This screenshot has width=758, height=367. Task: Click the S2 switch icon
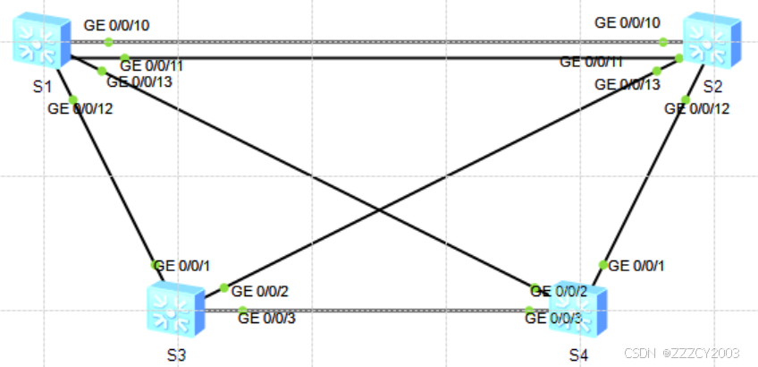pos(712,43)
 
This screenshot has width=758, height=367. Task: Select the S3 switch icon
pos(174,310)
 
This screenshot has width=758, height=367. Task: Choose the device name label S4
pos(578,354)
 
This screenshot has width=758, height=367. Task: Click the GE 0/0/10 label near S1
pos(116,24)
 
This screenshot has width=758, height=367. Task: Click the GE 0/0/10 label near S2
pos(627,22)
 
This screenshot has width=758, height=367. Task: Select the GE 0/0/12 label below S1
pos(80,109)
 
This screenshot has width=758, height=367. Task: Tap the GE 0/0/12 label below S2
pos(697,109)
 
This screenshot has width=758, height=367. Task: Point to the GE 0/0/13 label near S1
pos(139,82)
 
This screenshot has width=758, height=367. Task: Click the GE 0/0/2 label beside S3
pos(259,291)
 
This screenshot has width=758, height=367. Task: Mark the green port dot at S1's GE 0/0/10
pos(108,41)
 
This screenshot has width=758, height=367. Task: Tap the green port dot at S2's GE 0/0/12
pos(685,99)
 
